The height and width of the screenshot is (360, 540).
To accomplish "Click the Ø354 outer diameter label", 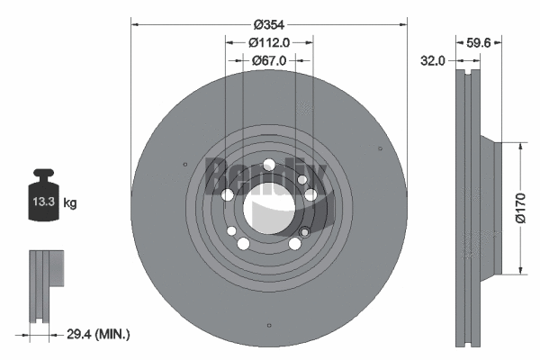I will click(268, 25).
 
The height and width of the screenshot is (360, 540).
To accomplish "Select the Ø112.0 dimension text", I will click(269, 42).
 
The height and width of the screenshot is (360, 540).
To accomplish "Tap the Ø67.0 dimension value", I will click(269, 59).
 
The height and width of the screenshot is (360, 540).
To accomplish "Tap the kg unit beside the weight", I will click(70, 203).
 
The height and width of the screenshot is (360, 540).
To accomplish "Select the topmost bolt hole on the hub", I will click(268, 165).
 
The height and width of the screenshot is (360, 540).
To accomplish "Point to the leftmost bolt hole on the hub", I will click(228, 196).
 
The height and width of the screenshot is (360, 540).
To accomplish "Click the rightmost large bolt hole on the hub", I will click(310, 194).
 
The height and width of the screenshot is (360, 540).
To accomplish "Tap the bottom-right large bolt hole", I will click(294, 244).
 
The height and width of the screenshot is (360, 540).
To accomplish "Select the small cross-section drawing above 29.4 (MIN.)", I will click(48, 284).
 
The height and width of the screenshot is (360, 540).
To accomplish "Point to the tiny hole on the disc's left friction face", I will click(184, 164).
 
